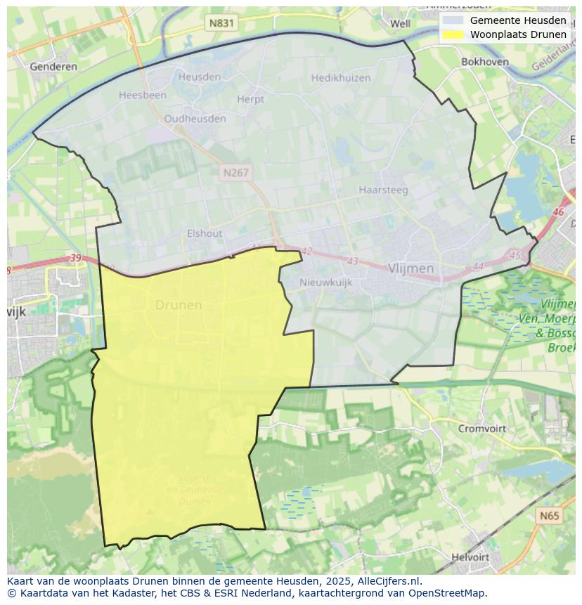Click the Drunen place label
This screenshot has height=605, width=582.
[178, 305]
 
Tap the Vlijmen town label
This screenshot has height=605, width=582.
[410, 268]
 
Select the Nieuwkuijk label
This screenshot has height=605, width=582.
[325, 282]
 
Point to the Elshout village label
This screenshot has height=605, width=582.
[205, 233]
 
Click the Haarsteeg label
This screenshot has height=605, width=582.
[383, 190]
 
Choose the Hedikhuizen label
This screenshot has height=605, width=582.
[340, 78]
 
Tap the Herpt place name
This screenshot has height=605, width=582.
[250, 99]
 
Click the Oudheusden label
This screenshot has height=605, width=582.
[195, 119]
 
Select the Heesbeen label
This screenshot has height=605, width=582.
[143, 95]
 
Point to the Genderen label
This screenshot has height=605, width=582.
[53, 67]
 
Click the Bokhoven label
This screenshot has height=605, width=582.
[484, 62]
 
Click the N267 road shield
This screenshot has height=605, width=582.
[235, 172]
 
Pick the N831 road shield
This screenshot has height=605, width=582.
[221, 23]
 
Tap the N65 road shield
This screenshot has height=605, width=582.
[550, 516]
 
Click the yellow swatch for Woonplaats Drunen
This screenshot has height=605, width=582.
[453, 34]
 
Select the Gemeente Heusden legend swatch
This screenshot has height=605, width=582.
[453, 20]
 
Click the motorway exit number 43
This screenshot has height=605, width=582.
[352, 261]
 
